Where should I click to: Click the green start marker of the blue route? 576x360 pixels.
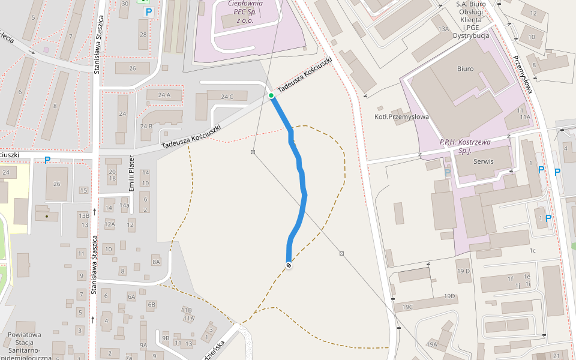point(271,95)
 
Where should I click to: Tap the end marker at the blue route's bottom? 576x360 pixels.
point(289,265)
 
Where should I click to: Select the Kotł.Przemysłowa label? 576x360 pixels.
point(401,116)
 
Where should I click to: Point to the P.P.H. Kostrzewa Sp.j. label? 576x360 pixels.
point(465,146)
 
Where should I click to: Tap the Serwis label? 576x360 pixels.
point(484,161)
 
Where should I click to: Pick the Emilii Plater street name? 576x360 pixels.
point(132,173)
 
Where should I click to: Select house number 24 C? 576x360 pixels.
point(226,97)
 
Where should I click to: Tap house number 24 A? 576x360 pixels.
point(164,95)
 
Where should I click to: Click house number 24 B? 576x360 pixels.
point(146,126)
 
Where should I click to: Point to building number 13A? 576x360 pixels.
point(443,29)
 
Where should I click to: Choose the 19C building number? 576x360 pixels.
point(408,307)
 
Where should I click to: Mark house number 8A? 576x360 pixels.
point(156,262)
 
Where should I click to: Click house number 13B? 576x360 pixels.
point(83,215)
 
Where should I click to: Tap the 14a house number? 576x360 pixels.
point(125,205)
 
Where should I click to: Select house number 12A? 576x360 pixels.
point(109,224)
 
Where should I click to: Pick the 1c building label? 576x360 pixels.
point(532,250)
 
